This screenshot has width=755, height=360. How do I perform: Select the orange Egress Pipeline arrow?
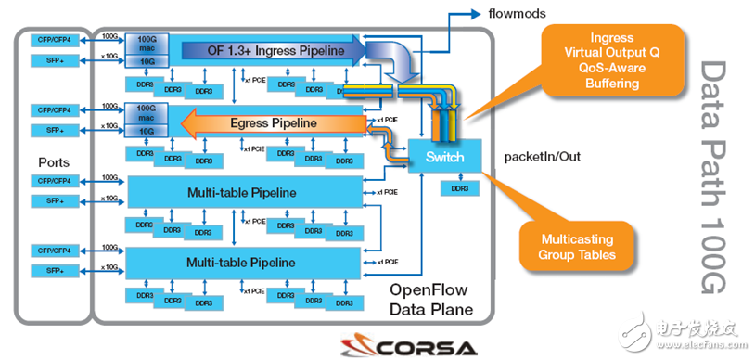[x=278, y=122]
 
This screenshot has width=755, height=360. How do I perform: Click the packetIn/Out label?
[x=541, y=156]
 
